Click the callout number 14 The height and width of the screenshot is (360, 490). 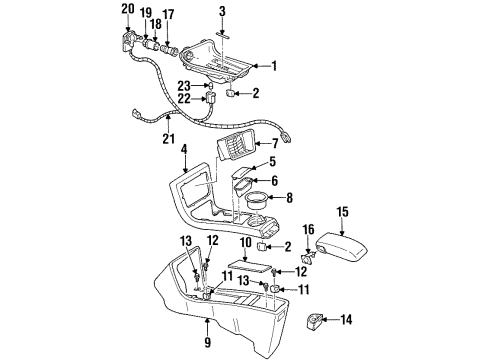click(348, 320)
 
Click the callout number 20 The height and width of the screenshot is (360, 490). click(127, 10)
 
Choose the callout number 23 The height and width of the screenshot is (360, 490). click(185, 85)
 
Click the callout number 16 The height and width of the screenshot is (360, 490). click(308, 229)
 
